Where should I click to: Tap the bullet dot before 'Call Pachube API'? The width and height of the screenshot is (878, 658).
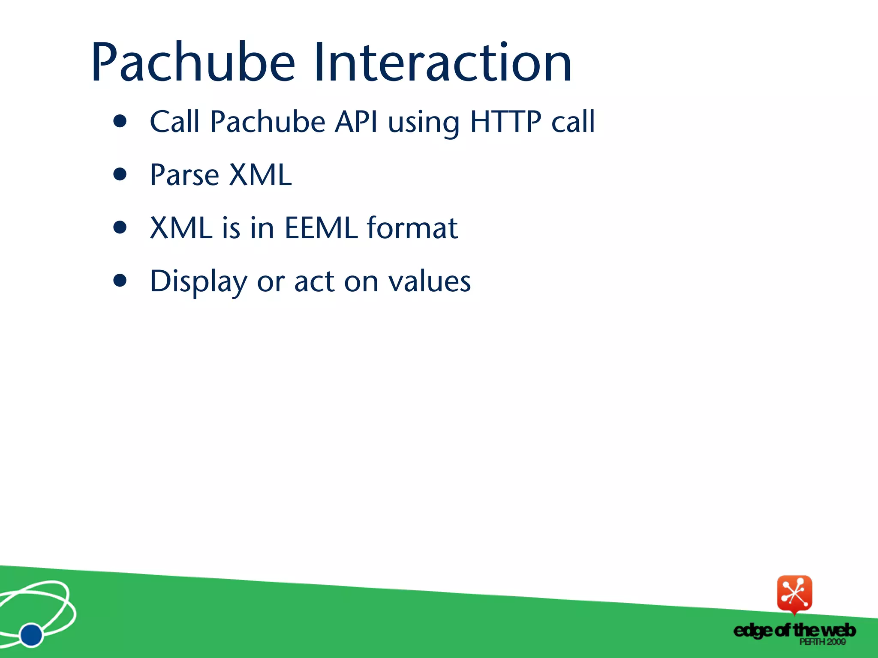point(120,121)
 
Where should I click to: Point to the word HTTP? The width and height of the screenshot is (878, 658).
point(506,122)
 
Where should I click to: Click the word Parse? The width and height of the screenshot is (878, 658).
point(184,176)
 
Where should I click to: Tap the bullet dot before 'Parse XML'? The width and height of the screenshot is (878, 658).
point(120,174)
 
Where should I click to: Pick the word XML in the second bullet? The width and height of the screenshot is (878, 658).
point(260,176)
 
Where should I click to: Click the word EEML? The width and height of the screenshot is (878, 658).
point(321,228)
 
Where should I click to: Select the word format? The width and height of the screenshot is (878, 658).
point(412,228)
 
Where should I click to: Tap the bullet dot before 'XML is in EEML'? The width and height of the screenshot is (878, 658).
point(120,227)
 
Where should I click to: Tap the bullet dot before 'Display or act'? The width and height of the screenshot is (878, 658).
point(120,281)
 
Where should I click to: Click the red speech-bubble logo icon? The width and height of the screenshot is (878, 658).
point(794,594)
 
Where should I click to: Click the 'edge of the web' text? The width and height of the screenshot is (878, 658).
point(794,630)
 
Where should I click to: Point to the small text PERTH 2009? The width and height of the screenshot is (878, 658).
point(822,642)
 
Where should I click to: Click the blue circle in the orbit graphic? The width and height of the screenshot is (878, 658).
point(31,635)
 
